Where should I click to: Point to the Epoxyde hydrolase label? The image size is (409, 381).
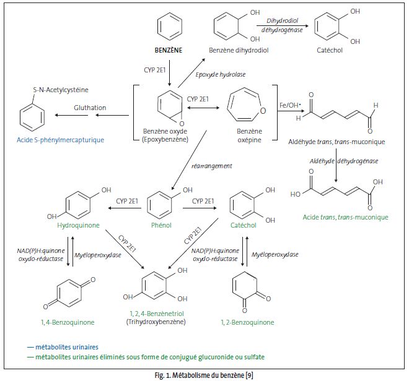pyautogui.click(x=227, y=75)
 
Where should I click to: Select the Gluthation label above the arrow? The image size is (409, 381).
pyautogui.click(x=90, y=108)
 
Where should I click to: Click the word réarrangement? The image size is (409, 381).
pyautogui.click(x=213, y=166)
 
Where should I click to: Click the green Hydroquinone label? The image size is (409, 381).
pyautogui.click(x=78, y=226)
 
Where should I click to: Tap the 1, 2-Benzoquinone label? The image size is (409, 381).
pyautogui.click(x=247, y=322)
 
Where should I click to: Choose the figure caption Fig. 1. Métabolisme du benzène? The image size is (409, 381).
pyautogui.click(x=205, y=375)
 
